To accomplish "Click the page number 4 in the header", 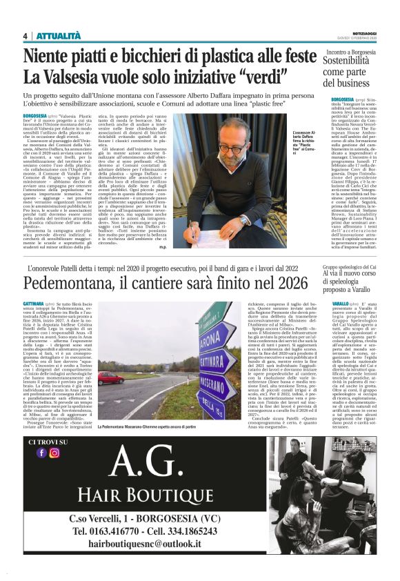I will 26,36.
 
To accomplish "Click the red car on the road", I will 110,378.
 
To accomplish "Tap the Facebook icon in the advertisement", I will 41,472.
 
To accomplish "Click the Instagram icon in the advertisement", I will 54,472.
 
